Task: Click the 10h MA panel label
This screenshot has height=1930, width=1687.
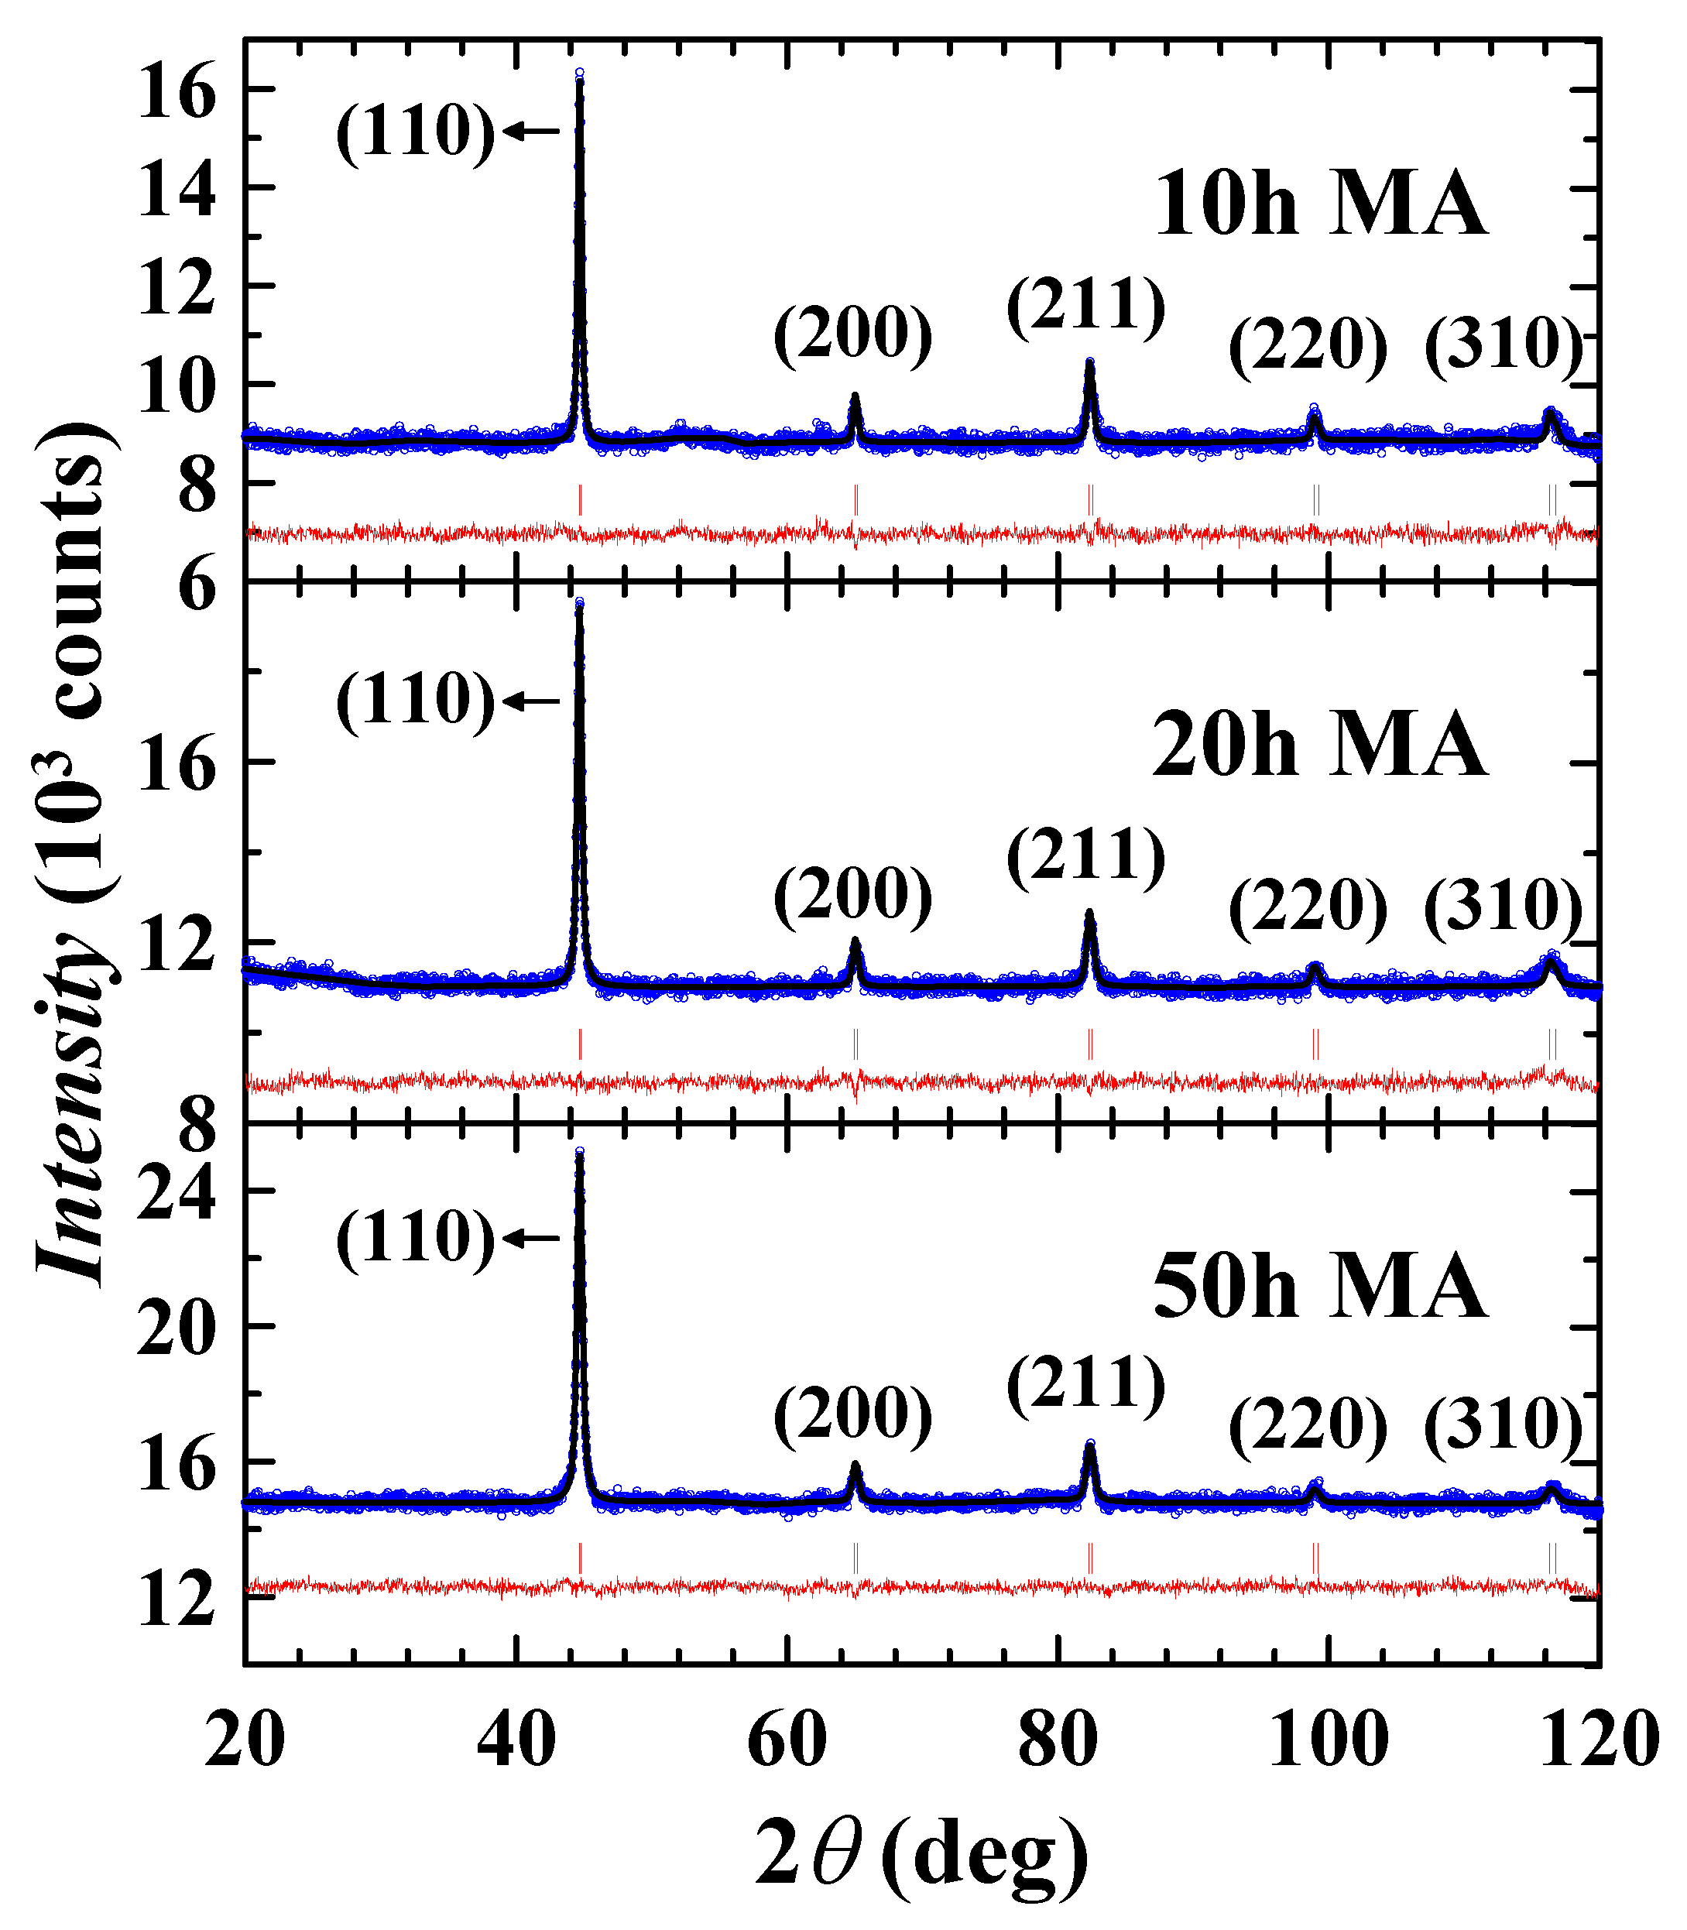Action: tap(1320, 205)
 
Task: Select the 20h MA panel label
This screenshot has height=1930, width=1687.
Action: tap(1320, 745)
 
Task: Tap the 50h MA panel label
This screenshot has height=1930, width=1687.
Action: tap(1320, 1287)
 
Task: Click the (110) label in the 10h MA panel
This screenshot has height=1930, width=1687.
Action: tap(415, 132)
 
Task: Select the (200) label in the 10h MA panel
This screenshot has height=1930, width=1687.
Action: tap(853, 335)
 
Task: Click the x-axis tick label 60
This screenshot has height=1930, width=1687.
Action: tap(786, 1742)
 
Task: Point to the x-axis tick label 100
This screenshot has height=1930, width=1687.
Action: tap(1329, 1742)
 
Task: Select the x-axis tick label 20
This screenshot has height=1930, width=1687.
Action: tap(245, 1742)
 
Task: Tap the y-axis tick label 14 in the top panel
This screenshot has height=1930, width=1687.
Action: tap(176, 188)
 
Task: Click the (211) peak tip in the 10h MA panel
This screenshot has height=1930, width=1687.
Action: tap(1090, 362)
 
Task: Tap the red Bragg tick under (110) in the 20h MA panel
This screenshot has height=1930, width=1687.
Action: tap(580, 1044)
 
